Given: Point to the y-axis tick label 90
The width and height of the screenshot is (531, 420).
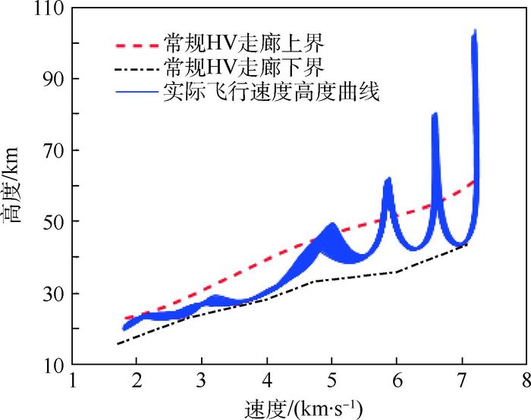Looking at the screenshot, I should pos(53,80).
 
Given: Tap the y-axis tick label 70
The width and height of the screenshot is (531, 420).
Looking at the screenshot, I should pos(53,151).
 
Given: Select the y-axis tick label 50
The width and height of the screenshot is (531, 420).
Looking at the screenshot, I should pos(53,222).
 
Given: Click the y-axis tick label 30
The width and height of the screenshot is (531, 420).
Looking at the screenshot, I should pos(53,293).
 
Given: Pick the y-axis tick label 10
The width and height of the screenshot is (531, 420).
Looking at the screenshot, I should pos(53,365).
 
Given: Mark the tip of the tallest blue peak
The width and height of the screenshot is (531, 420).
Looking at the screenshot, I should pos(475,31).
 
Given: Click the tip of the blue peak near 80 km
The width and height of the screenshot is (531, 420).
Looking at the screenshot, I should pos(435,114).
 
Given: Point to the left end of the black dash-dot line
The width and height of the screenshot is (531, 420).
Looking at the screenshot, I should pos(118,344).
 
